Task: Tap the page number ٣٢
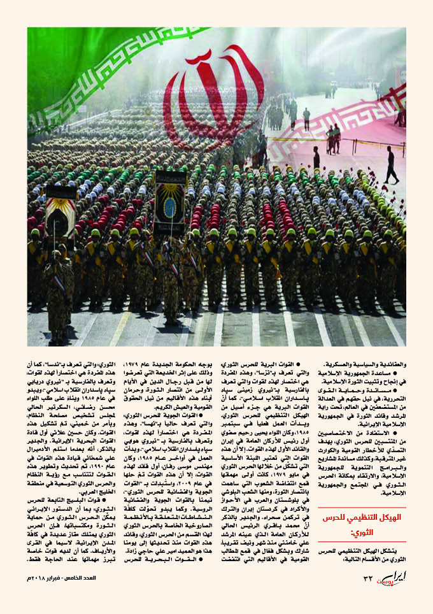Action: [x=367, y=596]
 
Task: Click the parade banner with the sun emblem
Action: [x=169, y=203]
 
